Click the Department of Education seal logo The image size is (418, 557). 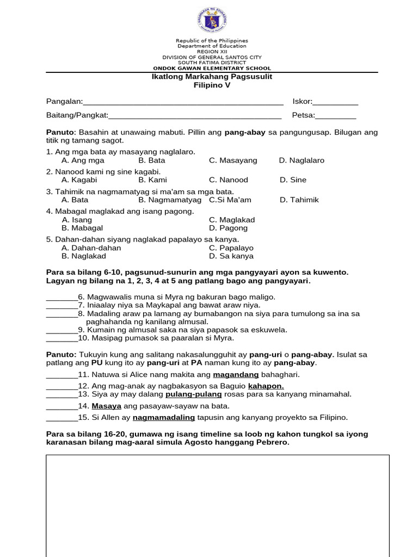point(212,20)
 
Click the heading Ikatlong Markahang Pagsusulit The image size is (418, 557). point(212,77)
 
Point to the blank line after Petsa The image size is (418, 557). point(336,116)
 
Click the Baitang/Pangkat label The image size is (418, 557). point(77,115)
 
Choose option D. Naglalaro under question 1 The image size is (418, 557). point(302,160)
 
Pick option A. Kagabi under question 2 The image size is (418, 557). point(79,180)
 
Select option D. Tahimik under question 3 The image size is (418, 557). point(299,200)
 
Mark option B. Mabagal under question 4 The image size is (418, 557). point(82,228)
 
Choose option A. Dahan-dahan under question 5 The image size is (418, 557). point(91,248)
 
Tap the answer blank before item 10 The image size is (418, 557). point(62,338)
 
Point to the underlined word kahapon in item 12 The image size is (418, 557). point(266,386)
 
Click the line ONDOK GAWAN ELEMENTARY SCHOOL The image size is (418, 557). point(212,69)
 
